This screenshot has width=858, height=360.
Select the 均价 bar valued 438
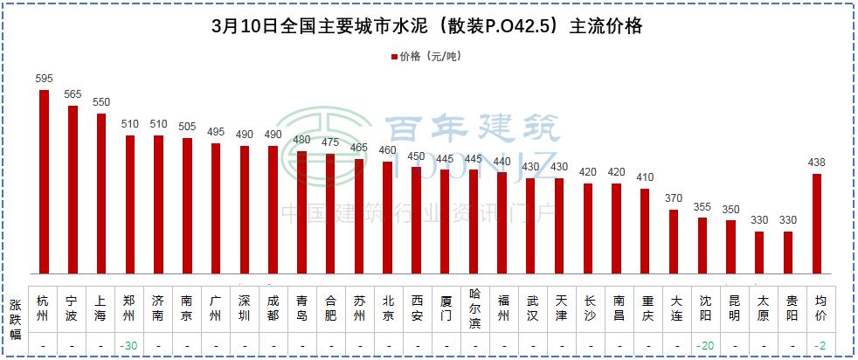click(x=817, y=224)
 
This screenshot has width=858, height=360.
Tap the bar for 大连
click(x=674, y=241)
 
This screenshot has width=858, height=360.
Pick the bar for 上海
click(x=101, y=193)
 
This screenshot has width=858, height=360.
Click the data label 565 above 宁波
click(x=73, y=94)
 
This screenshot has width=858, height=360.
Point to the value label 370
click(x=674, y=198)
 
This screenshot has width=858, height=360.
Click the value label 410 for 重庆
click(x=645, y=177)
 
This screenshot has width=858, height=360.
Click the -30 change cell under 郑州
click(x=129, y=346)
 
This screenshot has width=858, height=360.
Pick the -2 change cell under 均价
click(x=818, y=346)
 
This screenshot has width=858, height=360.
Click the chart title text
click(x=428, y=26)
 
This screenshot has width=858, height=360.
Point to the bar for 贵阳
click(x=789, y=253)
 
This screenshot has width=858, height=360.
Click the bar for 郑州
click(x=130, y=204)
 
